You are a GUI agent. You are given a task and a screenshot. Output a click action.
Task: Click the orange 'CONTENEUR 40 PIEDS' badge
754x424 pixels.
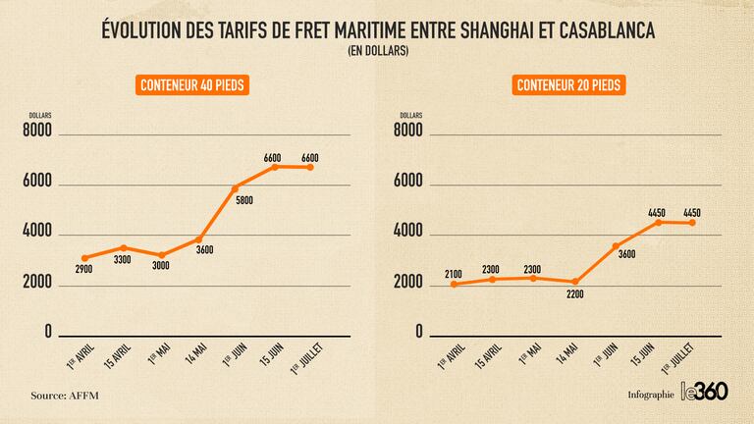[x=191, y=85]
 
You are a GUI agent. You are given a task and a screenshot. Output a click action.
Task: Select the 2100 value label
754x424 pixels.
[x=453, y=273]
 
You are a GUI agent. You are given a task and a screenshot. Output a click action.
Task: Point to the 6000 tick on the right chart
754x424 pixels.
[x=406, y=182]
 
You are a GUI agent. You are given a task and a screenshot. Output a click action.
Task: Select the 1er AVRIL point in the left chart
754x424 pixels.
[x=84, y=258]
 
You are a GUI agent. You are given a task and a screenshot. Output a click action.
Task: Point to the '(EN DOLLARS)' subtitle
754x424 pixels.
[x=378, y=51]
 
